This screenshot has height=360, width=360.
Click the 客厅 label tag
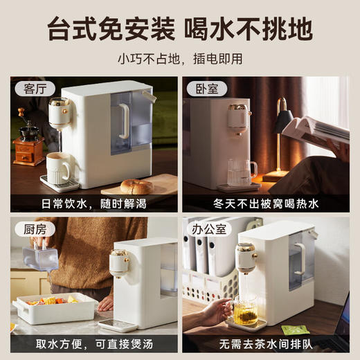tap(34, 89)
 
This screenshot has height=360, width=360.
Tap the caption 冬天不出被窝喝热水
tap(266, 205)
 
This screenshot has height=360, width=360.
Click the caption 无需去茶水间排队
tap(266, 345)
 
